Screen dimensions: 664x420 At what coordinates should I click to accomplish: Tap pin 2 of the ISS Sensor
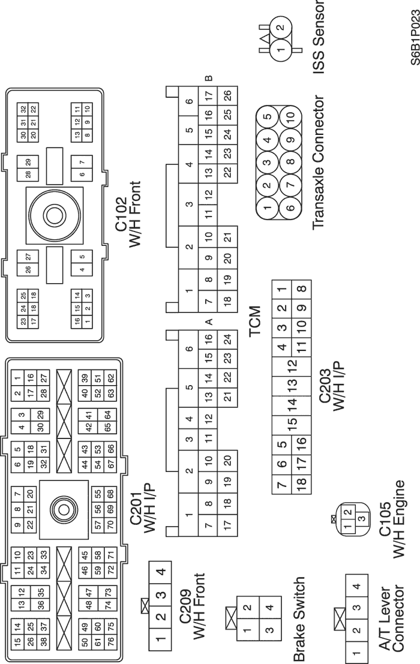click(280, 28)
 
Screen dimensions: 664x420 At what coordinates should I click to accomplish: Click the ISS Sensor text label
click(319, 28)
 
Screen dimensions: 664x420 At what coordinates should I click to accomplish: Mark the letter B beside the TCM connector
click(209, 78)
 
